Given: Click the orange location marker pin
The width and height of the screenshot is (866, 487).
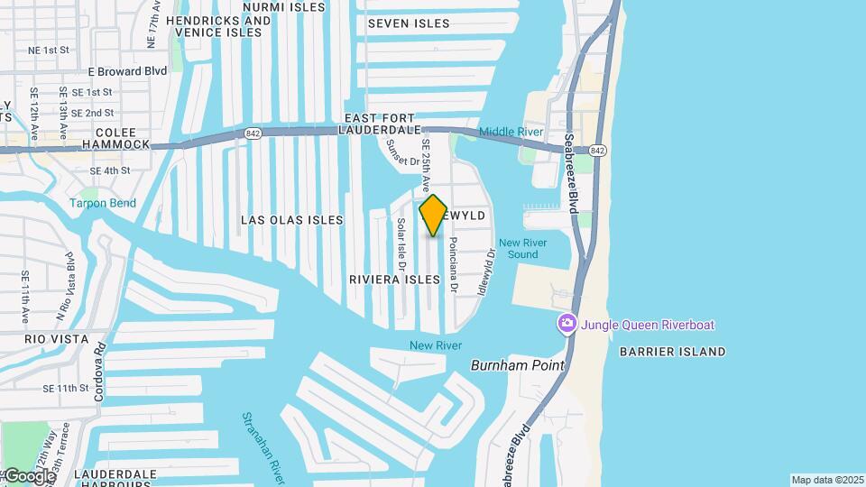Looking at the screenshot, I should tap(433, 216).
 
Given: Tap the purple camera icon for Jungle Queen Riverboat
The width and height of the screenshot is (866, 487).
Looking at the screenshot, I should tap(567, 324).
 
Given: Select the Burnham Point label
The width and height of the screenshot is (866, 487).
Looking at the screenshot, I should tap(517, 365).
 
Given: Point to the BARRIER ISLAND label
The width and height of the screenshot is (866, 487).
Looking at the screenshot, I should tap(672, 352).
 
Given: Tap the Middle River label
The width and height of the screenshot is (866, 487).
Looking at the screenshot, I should tap(511, 132).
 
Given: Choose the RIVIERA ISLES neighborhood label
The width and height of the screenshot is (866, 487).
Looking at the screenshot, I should tap(394, 280).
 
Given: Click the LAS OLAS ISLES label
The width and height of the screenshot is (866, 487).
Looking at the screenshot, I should tap(291, 220).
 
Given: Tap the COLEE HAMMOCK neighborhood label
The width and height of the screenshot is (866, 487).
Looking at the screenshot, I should tap(115, 137).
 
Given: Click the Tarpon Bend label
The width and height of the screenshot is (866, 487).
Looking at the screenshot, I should tap(103, 203).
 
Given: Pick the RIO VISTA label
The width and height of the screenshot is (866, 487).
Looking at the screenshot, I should tap(56, 339).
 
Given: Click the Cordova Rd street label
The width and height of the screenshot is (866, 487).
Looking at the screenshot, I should tap(99, 371).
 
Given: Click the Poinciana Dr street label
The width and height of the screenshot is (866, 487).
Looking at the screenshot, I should tap(454, 265).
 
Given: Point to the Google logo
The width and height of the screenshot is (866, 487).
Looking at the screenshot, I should tap(29, 476).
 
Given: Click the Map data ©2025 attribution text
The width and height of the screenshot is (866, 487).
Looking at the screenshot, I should tap(826, 480).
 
